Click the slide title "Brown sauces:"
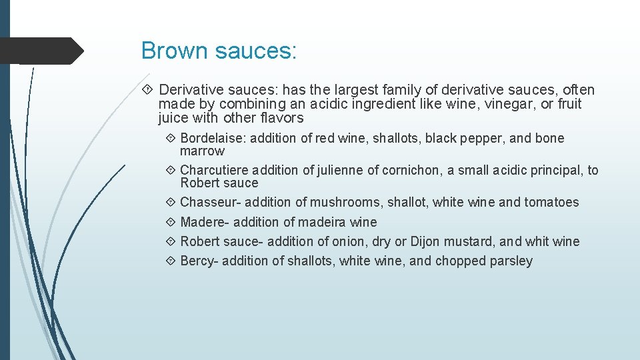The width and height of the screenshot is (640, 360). [x=219, y=51]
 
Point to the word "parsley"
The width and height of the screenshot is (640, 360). [x=511, y=261]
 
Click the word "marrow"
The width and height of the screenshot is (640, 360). [x=202, y=151]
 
